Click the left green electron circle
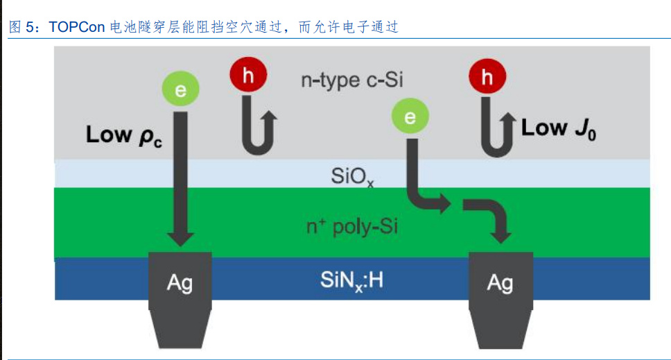click(180, 89)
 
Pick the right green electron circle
click(410, 116)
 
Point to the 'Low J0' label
click(558, 129)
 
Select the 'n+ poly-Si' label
click(351, 227)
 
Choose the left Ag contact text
click(180, 283)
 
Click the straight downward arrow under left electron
click(180, 180)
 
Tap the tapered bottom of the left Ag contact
click(180, 329)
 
